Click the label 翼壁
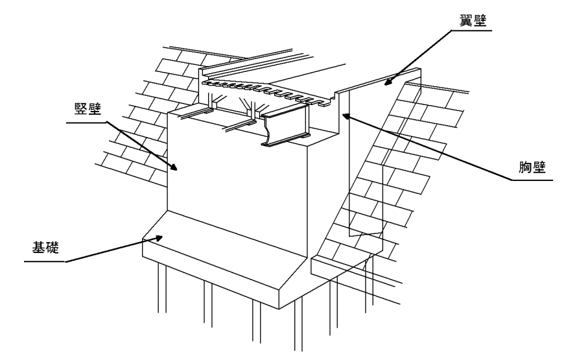coord(473,21)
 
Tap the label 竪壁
coord(88,108)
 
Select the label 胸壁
coord(532,167)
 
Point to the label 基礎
coord(45,247)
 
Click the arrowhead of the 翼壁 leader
coord(387,82)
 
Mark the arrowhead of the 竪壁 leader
coord(173,167)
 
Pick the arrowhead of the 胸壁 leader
coord(346,116)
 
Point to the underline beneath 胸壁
coord(532,180)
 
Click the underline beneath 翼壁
coord(471,30)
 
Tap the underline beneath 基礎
coord(45,261)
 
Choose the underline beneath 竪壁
coord(87,123)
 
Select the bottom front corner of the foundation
coord(279,309)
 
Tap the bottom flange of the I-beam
coord(286,141)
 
